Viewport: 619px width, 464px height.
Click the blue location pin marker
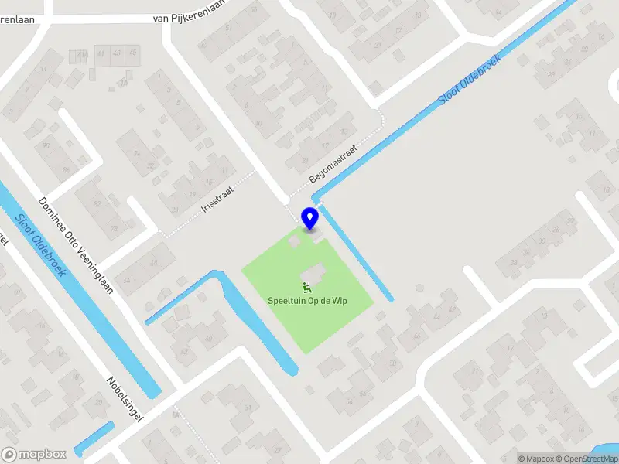(x=309, y=218)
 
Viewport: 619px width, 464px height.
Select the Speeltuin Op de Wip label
(x=307, y=300)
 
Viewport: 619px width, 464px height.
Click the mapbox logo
(x=32, y=455)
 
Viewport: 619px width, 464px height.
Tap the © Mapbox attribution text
(x=536, y=459)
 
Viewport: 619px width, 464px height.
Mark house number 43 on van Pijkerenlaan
(x=118, y=52)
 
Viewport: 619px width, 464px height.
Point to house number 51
(x=228, y=29)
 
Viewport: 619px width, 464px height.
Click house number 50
(x=393, y=363)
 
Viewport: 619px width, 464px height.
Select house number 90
(x=46, y=145)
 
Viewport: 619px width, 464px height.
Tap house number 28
(x=551, y=75)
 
